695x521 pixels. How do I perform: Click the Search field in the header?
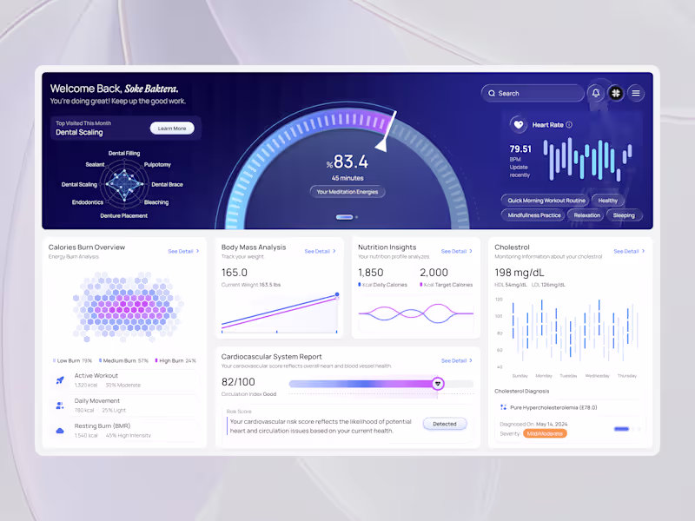(x=533, y=93)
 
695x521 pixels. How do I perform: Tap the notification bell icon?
(x=596, y=93)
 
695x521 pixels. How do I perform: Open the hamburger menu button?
(x=636, y=93)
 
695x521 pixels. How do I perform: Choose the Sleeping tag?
(x=624, y=215)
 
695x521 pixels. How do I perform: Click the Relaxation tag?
(x=587, y=215)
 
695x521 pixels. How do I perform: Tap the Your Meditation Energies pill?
(x=347, y=192)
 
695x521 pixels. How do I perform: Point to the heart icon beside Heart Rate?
(x=518, y=125)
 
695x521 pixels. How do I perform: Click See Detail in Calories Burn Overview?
(x=183, y=251)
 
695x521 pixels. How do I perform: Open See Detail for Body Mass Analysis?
(x=320, y=251)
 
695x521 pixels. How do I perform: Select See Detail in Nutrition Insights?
(x=456, y=251)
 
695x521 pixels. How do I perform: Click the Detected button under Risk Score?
(x=445, y=424)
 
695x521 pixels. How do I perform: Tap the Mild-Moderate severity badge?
(x=546, y=433)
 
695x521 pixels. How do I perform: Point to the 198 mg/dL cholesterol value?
(x=520, y=273)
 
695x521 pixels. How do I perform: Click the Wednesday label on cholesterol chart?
(x=597, y=376)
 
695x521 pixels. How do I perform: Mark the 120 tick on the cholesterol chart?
(x=500, y=300)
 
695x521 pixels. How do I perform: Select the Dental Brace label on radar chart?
(x=167, y=185)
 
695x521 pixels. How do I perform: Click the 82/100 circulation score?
(x=238, y=381)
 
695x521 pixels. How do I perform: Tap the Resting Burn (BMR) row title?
(x=102, y=425)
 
